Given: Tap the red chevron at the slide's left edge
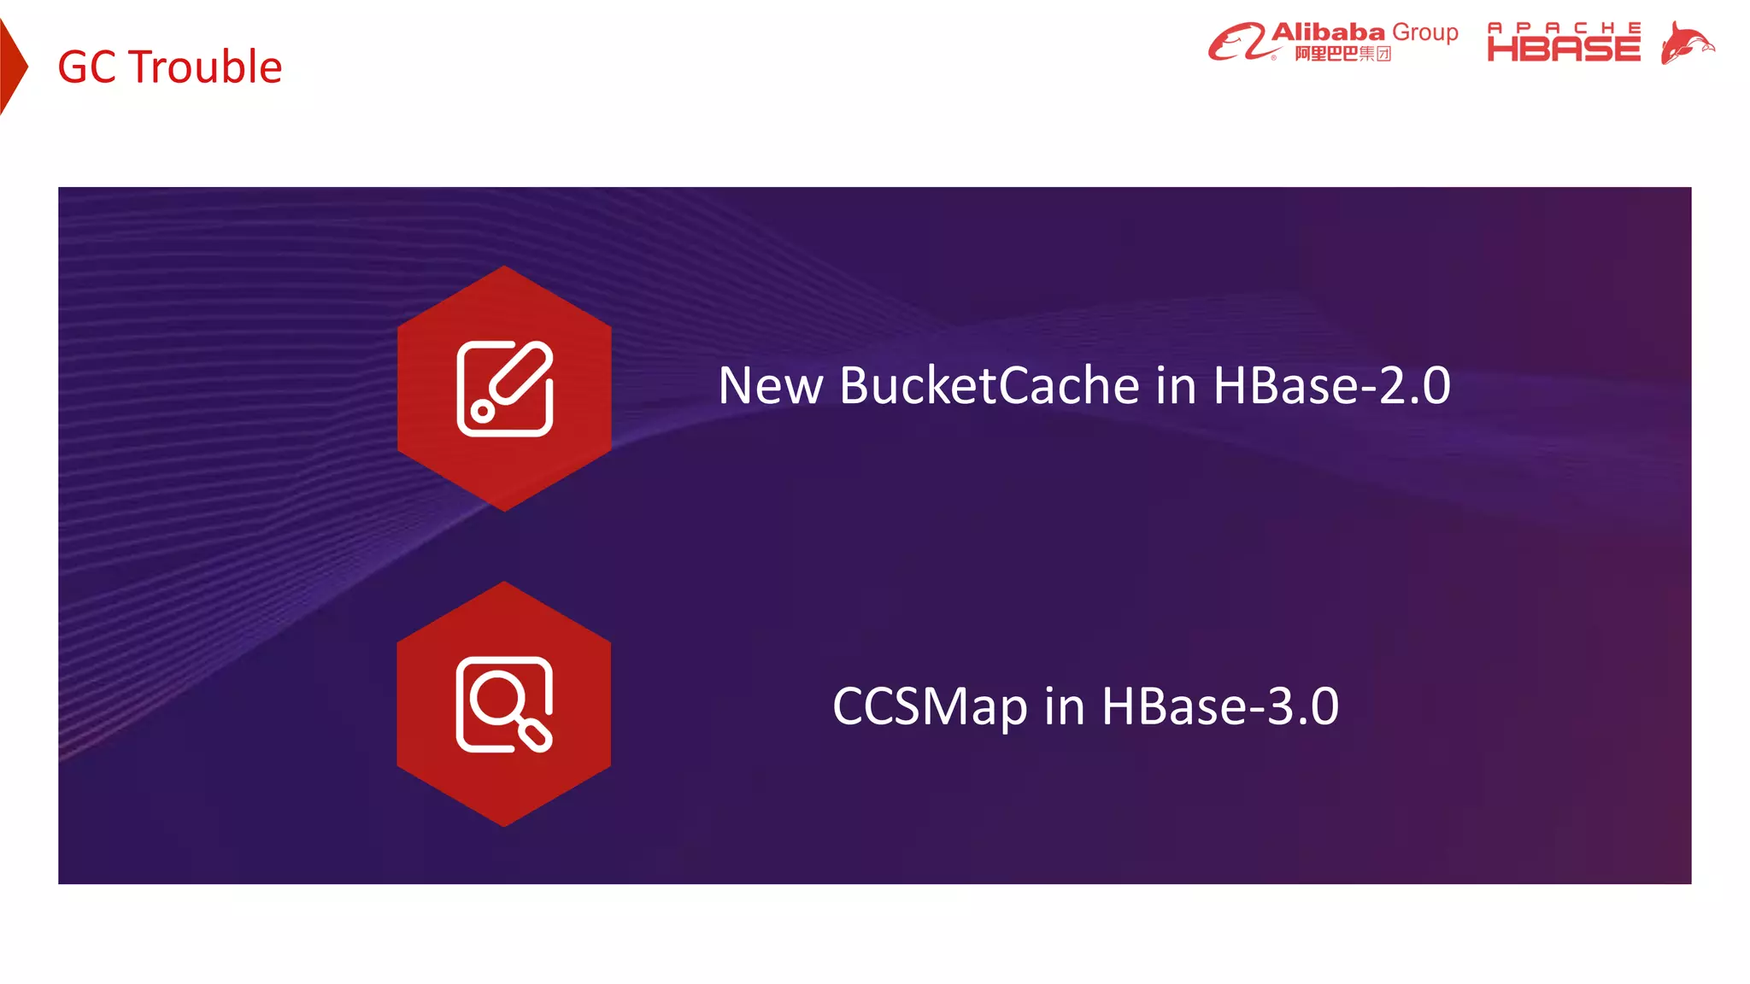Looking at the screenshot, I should pos(11,67).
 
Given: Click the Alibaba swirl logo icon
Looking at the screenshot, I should pos(1236,42).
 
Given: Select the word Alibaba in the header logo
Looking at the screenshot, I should pos(1328,32).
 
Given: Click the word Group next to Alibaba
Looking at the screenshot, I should pos(1424,32).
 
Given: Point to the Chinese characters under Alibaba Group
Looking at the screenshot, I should pos(1342,54).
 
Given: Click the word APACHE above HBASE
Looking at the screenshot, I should pos(1564,27).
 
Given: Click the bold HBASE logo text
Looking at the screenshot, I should pos(1564,49).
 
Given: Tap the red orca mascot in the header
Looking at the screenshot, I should pos(1687,43).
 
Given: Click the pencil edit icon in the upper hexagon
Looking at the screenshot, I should pos(505,389).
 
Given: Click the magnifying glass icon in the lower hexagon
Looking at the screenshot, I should pos(504,705).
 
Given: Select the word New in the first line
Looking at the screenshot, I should pos(771,385).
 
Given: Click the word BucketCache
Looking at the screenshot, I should pos(989,385).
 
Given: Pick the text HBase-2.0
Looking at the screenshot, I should pos(1330,385).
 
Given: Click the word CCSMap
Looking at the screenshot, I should pos(930,706).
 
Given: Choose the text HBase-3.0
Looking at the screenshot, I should pos(1219,706).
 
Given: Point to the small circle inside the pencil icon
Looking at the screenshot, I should pos(483,412).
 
